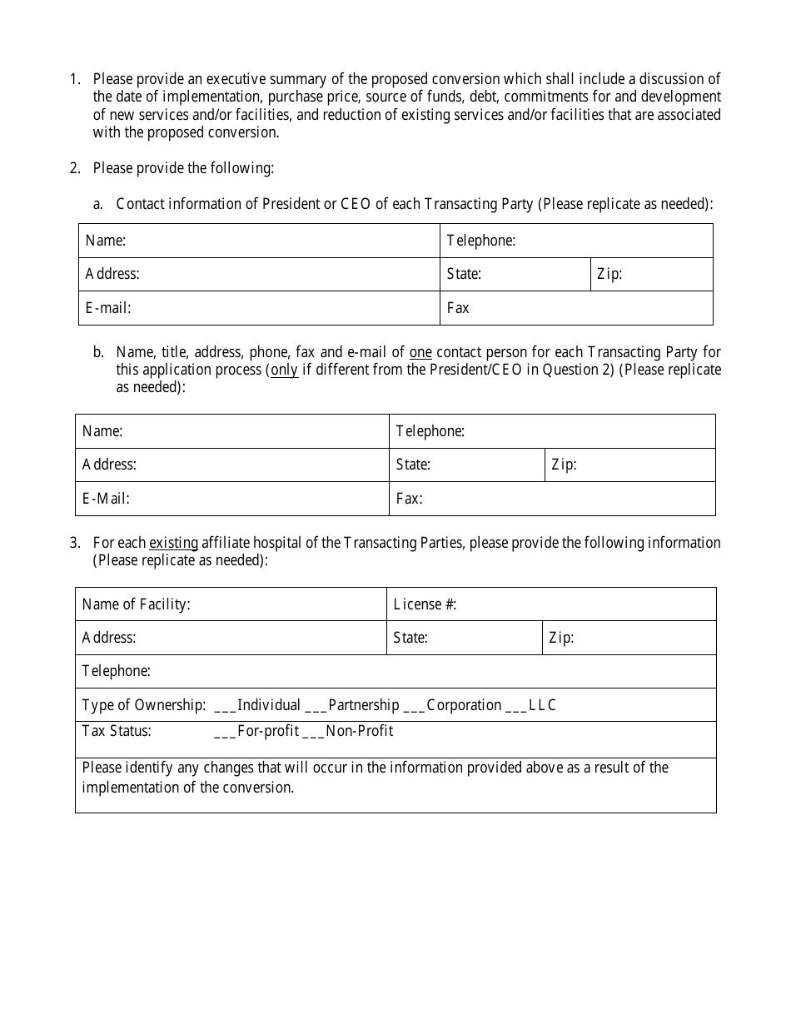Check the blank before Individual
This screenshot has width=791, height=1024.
tap(225, 706)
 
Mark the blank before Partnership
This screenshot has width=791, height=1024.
tap(316, 706)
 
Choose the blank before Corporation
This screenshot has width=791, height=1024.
tap(414, 706)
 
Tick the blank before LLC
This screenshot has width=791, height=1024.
tap(515, 706)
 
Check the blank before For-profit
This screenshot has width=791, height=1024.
tap(225, 732)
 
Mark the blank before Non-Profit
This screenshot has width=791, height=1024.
tap(312, 732)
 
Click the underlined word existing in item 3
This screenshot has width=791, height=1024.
tap(173, 543)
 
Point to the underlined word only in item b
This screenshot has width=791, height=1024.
tap(284, 370)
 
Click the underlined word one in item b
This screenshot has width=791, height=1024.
tap(420, 352)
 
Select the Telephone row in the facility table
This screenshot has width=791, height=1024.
tap(395, 671)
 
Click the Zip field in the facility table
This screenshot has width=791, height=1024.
tap(629, 638)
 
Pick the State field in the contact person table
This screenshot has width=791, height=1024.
tap(466, 465)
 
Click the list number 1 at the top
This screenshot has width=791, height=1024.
tap(75, 79)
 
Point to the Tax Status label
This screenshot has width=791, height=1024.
tap(117, 731)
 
